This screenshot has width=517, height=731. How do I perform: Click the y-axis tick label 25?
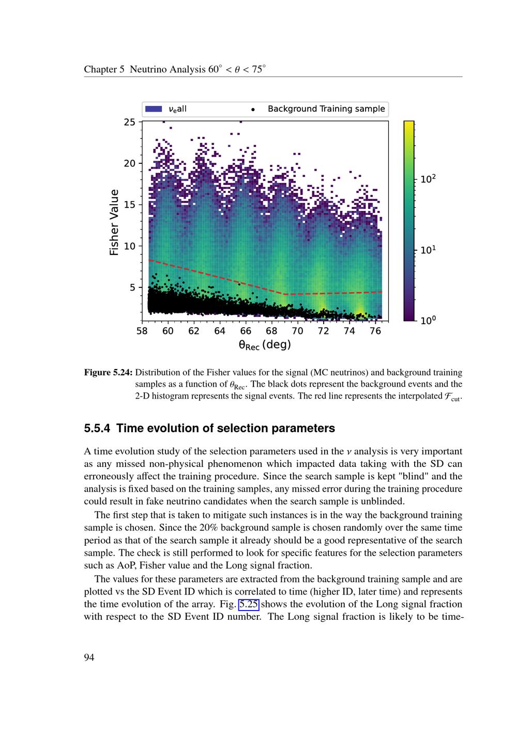tap(129, 122)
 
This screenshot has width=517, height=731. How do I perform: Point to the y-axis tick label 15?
tap(129, 205)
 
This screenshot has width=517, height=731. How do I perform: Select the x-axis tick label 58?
tap(142, 331)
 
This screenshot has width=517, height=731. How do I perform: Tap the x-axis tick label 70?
tap(297, 331)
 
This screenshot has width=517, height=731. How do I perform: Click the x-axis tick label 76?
tap(375, 331)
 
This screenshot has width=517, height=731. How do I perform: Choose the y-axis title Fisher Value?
tap(114, 222)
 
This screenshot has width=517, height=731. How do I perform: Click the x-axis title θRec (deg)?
tap(265, 345)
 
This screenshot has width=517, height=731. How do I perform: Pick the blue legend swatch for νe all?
tap(154, 109)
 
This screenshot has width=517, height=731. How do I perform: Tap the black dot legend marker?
tap(253, 110)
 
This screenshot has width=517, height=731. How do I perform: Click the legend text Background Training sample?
tap(326, 109)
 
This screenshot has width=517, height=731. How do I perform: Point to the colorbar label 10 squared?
tap(428, 179)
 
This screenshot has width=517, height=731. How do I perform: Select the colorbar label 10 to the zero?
tap(428, 321)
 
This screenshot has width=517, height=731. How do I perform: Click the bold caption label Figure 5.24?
tap(108, 372)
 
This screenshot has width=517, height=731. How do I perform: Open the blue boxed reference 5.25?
tap(248, 604)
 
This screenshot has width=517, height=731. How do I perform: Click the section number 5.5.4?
tap(98, 429)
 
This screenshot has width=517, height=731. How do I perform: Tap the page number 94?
tap(89, 658)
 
